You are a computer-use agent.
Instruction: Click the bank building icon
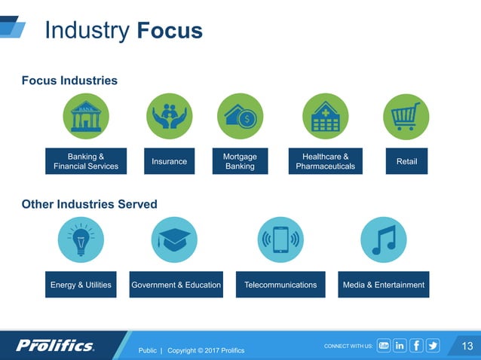(86, 117)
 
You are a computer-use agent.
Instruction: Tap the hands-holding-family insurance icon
(169, 117)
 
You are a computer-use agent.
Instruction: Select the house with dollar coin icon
(240, 117)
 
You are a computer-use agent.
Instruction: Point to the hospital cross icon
(326, 117)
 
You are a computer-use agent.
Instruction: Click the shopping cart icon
(406, 117)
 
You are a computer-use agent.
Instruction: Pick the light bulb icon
(81, 239)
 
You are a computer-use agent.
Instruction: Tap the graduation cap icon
(175, 239)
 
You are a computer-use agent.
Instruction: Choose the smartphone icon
(280, 239)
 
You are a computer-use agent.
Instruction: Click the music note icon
(384, 239)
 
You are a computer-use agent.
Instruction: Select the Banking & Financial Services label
(86, 161)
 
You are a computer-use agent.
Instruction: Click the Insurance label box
(170, 161)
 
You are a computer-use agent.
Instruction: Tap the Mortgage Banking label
(240, 161)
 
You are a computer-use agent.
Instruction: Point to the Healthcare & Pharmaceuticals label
(326, 161)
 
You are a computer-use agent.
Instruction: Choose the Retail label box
(406, 161)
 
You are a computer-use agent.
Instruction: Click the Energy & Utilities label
(81, 285)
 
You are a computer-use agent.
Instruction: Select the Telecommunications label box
(280, 285)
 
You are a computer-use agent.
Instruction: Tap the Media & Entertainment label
(384, 285)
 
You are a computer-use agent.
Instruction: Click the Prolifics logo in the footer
(55, 346)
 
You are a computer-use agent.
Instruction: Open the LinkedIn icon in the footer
(400, 345)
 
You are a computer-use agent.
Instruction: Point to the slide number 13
(467, 346)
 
